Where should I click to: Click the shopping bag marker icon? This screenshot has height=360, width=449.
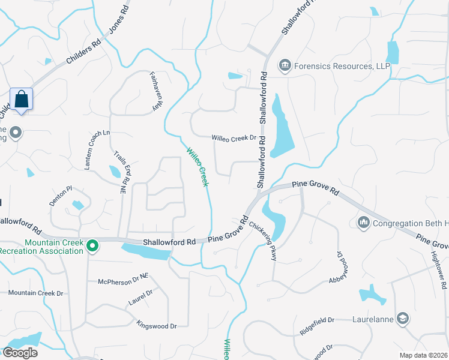click(x=22, y=100)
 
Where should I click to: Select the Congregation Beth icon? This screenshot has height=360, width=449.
click(x=363, y=223)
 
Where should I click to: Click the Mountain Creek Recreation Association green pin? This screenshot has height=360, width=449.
click(x=92, y=245)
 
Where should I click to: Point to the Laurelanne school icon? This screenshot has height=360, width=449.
click(x=405, y=319)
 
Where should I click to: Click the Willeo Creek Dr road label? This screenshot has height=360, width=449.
click(x=234, y=138)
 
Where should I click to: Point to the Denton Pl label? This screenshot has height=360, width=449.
click(x=61, y=196)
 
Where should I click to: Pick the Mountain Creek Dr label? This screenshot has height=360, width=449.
click(x=35, y=293)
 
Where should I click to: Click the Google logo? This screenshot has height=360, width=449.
click(x=20, y=353)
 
